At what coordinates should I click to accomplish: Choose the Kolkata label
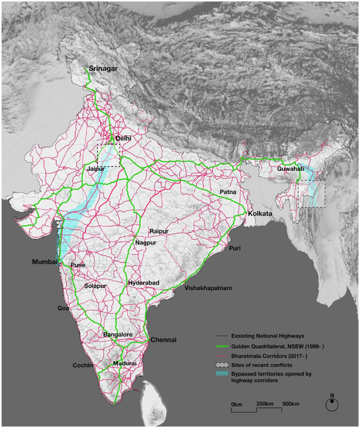coord(260,214)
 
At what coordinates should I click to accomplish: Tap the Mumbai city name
coord(45,261)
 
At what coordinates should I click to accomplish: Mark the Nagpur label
coord(146,243)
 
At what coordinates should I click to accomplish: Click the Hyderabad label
coord(143,283)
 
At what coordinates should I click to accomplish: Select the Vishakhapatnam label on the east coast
coord(209,288)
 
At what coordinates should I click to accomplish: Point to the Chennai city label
coord(163,340)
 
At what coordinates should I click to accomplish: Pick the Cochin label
coord(83,365)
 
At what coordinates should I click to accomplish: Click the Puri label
coord(235,248)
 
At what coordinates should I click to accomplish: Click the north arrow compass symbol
coord(332,403)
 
